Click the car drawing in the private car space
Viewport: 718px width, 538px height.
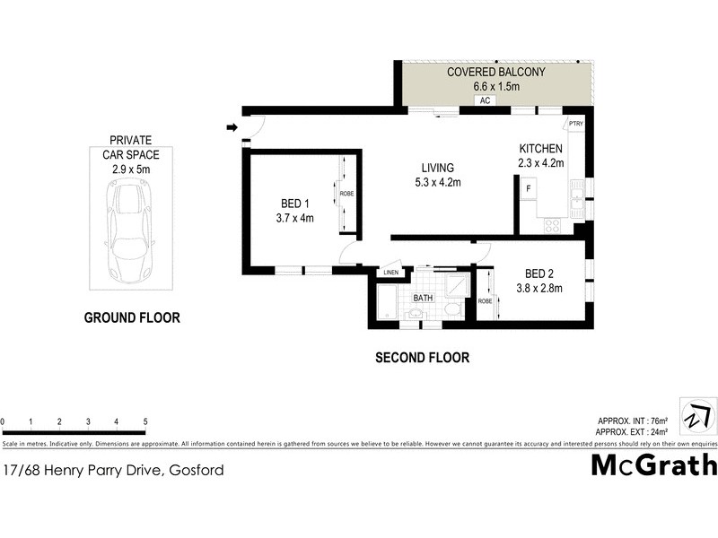pos(130,230)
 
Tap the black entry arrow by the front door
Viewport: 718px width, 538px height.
pos(231,127)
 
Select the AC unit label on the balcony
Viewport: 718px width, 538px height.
pos(484,101)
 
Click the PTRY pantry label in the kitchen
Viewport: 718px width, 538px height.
pos(575,124)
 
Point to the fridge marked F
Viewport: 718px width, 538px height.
pos(529,189)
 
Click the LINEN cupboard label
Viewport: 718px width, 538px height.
pos(390,272)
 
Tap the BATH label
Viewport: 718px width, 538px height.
pos(423,298)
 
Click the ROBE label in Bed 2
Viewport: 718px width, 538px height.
pos(485,301)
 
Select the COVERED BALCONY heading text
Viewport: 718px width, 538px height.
pos(496,72)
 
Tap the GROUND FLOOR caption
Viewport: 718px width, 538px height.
pos(132,317)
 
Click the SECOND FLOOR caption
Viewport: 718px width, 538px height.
pos(422,358)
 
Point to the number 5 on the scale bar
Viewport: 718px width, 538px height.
pos(145,421)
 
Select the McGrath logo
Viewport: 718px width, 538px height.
pos(654,464)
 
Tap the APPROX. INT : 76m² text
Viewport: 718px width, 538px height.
pos(633,421)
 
